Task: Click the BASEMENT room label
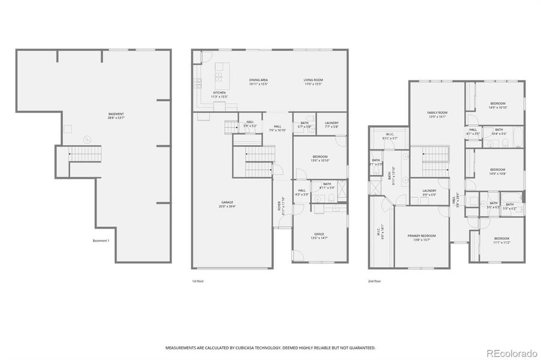(116, 114)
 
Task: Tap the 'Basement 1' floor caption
(101, 241)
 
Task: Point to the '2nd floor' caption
(375, 280)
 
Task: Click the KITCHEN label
(219, 92)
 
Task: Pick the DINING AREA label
(258, 80)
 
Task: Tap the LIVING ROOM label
(313, 80)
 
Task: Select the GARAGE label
(227, 202)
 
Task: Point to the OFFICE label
(319, 234)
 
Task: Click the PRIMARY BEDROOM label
(420, 236)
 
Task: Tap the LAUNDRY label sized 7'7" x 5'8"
(332, 123)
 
